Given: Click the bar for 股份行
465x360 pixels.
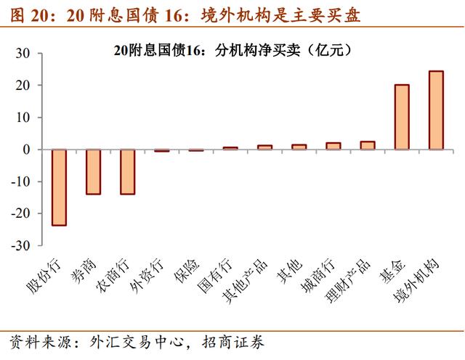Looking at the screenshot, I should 59,187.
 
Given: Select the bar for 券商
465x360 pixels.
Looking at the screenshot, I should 93,172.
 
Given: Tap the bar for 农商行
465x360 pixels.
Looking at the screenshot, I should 127,172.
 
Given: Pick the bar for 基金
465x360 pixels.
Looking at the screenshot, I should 402,117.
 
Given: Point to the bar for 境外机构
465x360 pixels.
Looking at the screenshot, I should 436,110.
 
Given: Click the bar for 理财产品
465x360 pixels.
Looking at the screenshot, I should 368,145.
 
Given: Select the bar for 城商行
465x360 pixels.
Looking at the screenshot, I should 333,146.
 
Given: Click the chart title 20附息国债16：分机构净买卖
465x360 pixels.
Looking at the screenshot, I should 232,51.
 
